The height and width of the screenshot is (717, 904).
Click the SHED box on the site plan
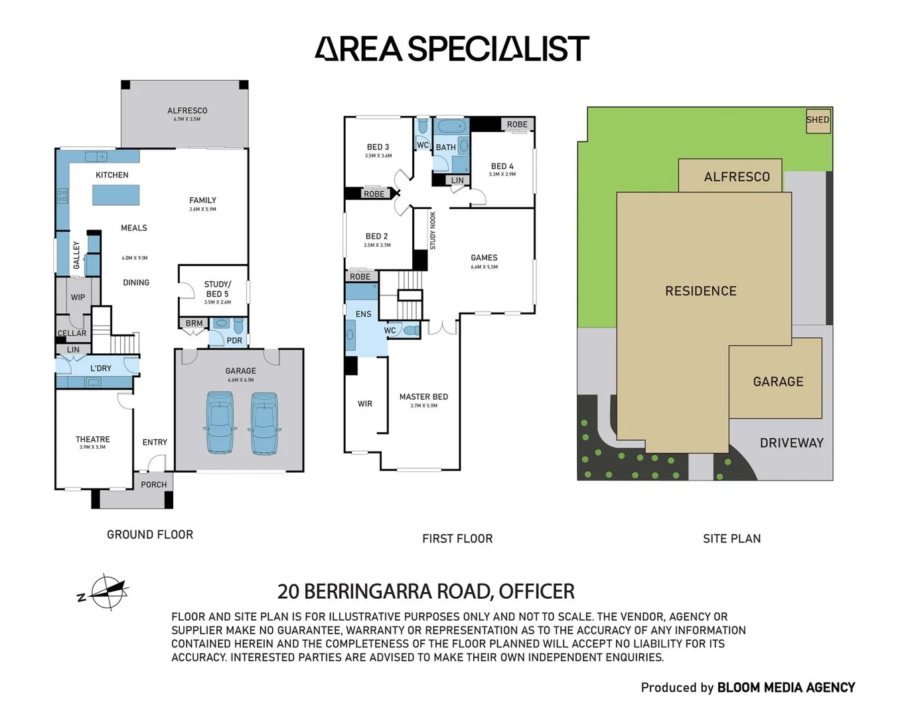pyautogui.click(x=818, y=120)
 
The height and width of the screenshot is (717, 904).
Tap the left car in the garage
pyautogui.click(x=220, y=422)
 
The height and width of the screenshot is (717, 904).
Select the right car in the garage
pyautogui.click(x=264, y=423)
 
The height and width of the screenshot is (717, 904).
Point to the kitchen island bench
pyautogui.click(x=115, y=195)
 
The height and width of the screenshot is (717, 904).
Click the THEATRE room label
pyautogui.click(x=93, y=439)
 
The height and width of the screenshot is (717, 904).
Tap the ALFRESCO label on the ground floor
pyautogui.click(x=187, y=111)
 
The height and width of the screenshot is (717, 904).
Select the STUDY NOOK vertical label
pyautogui.click(x=433, y=230)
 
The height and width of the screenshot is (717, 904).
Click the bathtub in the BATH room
pyautogui.click(x=451, y=126)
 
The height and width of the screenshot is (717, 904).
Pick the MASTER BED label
pyautogui.click(x=423, y=397)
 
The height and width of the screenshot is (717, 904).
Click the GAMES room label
pyautogui.click(x=484, y=258)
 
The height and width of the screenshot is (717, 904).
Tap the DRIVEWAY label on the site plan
pyautogui.click(x=791, y=443)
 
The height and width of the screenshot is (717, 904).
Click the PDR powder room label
pyautogui.click(x=234, y=341)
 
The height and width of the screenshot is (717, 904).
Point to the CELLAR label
pyautogui.click(x=72, y=333)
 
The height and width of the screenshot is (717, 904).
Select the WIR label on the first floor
pyautogui.click(x=365, y=404)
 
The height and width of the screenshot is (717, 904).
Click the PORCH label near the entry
pyautogui.click(x=153, y=485)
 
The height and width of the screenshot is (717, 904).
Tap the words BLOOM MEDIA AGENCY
pyautogui.click(x=786, y=688)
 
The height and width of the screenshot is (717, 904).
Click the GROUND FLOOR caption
pyautogui.click(x=150, y=534)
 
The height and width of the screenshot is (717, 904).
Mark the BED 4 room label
pyautogui.click(x=502, y=167)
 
